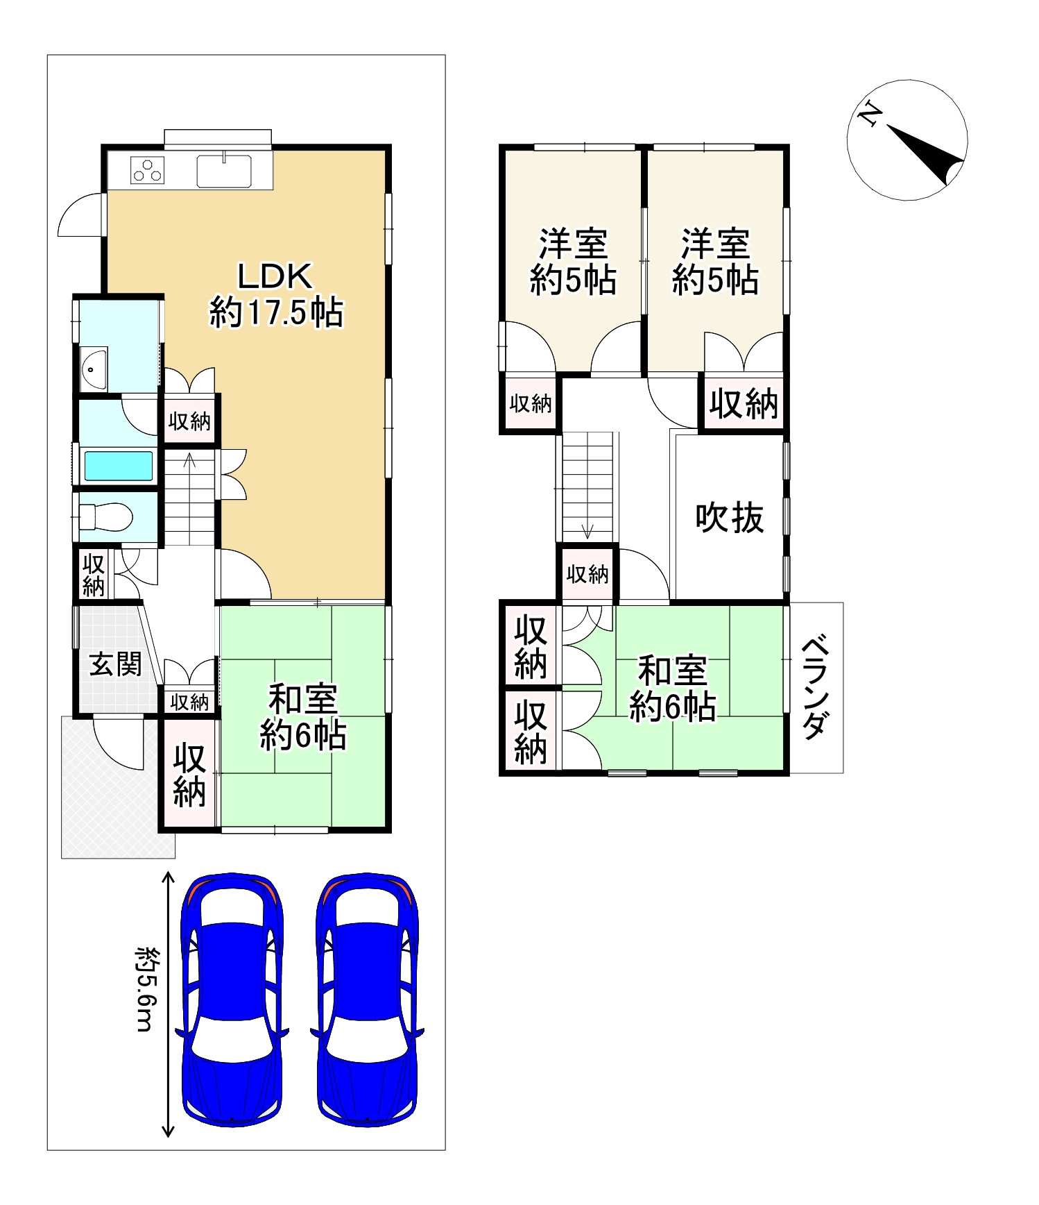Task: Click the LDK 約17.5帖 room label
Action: tap(276, 295)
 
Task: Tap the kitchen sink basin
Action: tap(224, 171)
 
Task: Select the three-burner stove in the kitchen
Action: tap(148, 171)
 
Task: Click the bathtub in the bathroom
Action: tap(119, 466)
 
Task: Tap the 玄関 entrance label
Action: tap(115, 664)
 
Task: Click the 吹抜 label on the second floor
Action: tap(730, 518)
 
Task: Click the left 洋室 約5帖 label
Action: tap(574, 262)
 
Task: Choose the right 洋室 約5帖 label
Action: tap(715, 262)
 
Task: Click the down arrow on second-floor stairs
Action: tap(587, 530)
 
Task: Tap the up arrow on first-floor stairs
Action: tap(189, 460)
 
